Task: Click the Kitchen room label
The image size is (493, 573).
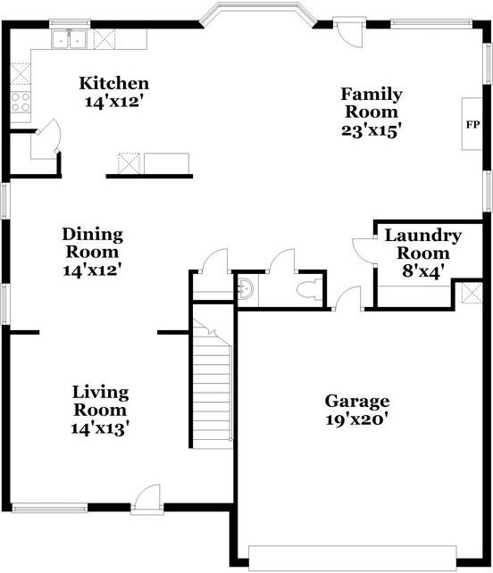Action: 114,83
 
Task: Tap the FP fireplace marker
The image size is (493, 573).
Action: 472,125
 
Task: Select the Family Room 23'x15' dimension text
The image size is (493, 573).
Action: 369,130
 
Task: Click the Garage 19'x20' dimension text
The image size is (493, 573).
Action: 356,419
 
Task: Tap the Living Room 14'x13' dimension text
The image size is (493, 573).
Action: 100,428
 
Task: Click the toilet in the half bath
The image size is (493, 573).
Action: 309,289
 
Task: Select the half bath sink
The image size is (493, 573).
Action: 245,288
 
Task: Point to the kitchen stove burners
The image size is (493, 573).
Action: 21,102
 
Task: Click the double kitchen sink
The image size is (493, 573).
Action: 69,39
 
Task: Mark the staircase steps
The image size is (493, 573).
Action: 213,383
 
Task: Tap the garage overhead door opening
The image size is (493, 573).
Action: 353,558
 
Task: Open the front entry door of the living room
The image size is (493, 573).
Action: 147,497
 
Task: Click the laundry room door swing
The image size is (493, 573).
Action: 363,250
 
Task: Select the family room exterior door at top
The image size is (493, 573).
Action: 349,34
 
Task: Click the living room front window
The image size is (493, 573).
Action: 50,508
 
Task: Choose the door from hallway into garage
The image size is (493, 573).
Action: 347,298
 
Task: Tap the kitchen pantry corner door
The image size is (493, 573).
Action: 46,139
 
